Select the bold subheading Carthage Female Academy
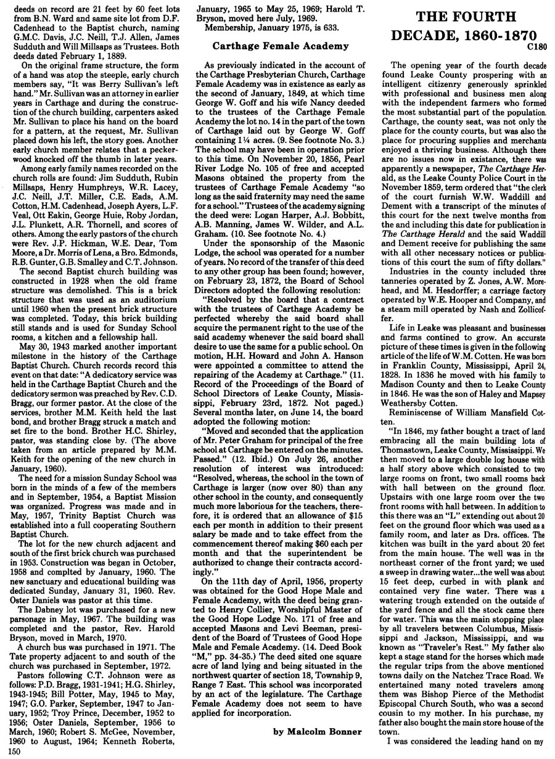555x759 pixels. pyautogui.click(x=279, y=45)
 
